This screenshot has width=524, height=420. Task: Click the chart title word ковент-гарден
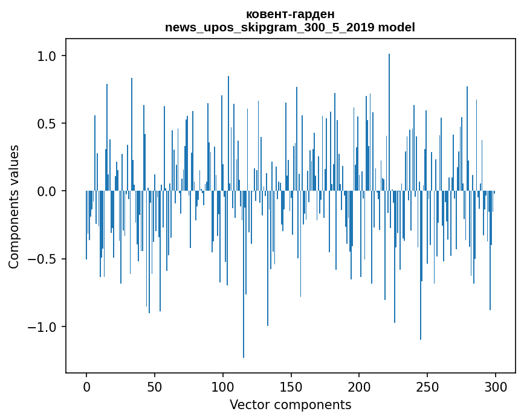click(x=290, y=14)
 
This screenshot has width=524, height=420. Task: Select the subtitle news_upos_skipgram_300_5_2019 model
click(x=290, y=27)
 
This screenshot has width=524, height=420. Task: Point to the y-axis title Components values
click(x=14, y=206)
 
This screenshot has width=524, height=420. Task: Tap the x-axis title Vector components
click(x=290, y=404)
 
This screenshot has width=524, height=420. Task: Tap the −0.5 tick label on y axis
click(x=42, y=259)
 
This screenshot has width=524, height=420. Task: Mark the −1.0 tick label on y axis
click(x=42, y=327)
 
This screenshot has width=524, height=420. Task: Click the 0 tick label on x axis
click(x=86, y=386)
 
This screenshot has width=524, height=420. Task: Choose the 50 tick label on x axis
click(x=155, y=386)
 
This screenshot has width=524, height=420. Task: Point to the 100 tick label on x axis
click(x=223, y=386)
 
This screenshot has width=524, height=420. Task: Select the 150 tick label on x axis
click(x=291, y=386)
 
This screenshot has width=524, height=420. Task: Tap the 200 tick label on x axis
click(x=359, y=386)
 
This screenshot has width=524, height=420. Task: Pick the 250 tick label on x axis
click(x=427, y=386)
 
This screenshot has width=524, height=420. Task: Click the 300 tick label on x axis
click(x=496, y=386)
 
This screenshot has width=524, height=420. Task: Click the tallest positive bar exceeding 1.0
click(x=389, y=121)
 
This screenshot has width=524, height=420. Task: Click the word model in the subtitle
click(x=397, y=27)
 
